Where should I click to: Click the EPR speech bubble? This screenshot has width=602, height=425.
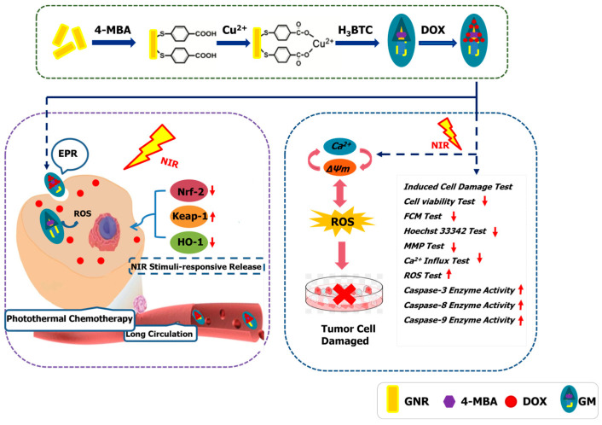click(69, 154)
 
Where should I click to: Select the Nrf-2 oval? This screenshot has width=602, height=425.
click(189, 190)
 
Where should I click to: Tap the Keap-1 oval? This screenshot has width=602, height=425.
click(189, 216)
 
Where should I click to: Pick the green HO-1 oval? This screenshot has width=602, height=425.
click(189, 242)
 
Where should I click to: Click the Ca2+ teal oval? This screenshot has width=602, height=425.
click(339, 146)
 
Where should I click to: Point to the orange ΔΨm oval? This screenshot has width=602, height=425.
click(339, 168)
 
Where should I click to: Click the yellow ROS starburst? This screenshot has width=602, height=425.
click(342, 221)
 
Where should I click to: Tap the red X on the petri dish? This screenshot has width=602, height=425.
click(344, 294)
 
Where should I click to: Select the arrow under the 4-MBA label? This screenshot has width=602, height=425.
click(114, 43)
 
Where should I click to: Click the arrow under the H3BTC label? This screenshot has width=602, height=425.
click(357, 43)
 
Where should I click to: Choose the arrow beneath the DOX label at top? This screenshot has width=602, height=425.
click(437, 43)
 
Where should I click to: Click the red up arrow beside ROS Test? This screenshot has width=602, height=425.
click(449, 275)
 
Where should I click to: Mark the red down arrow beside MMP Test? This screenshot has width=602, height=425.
click(454, 247)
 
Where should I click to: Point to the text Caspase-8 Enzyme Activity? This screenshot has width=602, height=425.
click(460, 306)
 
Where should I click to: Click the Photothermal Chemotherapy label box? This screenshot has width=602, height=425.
click(69, 318)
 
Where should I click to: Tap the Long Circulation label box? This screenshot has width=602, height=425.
click(159, 334)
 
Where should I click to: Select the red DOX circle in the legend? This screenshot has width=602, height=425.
click(511, 402)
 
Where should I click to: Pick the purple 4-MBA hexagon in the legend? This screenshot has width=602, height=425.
click(449, 402)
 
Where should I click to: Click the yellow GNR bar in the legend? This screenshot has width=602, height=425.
click(393, 399)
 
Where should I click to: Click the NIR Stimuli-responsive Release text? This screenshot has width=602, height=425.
click(196, 266)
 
